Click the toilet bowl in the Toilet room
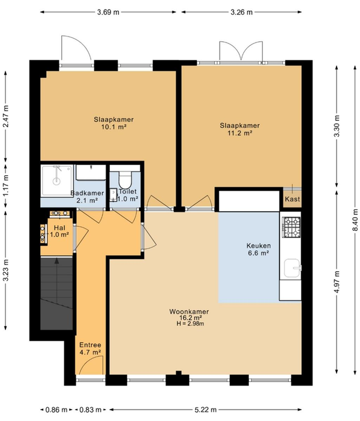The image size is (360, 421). tap(125, 180)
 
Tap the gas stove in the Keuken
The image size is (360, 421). tap(292, 227)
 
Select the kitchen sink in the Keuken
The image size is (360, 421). tap(292, 267)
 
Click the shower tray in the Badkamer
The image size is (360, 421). tap(57, 181)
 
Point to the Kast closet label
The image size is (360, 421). tap(292, 199)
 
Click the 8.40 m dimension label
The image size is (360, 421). tap(355, 220)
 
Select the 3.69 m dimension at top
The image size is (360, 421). tap(108, 12)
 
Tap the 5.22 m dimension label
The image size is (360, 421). tap(205, 410)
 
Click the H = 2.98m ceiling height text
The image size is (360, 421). tap(190, 324)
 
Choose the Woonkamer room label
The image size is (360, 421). tap(189, 312)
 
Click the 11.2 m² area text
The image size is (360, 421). tap(240, 133)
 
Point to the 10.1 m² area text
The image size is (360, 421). tap(113, 127)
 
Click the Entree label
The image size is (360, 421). tap(90, 345)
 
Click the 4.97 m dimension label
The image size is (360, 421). tap(337, 281)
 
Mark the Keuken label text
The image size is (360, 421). tap(259, 246)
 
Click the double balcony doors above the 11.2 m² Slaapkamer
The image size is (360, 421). tap(241, 51)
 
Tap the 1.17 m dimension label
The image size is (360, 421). tap(6, 185)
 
